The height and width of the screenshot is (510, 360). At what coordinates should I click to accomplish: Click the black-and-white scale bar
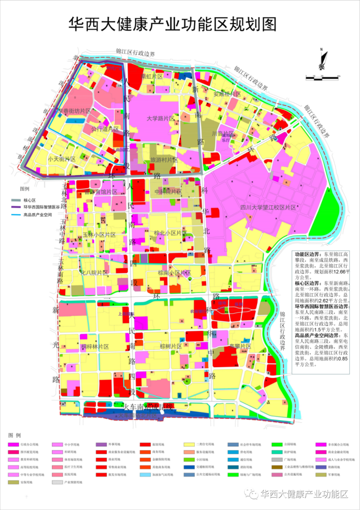322,78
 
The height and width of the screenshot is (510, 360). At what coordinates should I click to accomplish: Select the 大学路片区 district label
160,118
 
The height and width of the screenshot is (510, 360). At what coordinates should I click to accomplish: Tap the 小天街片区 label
61,160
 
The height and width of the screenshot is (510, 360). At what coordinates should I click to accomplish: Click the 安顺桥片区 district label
227,94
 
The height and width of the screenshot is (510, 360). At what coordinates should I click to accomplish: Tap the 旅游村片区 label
163,160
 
